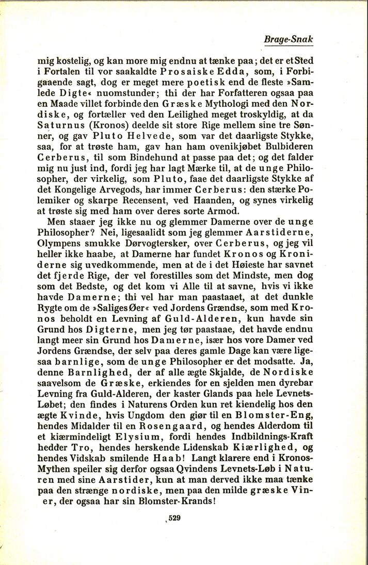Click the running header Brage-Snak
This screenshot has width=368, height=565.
point(288,39)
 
